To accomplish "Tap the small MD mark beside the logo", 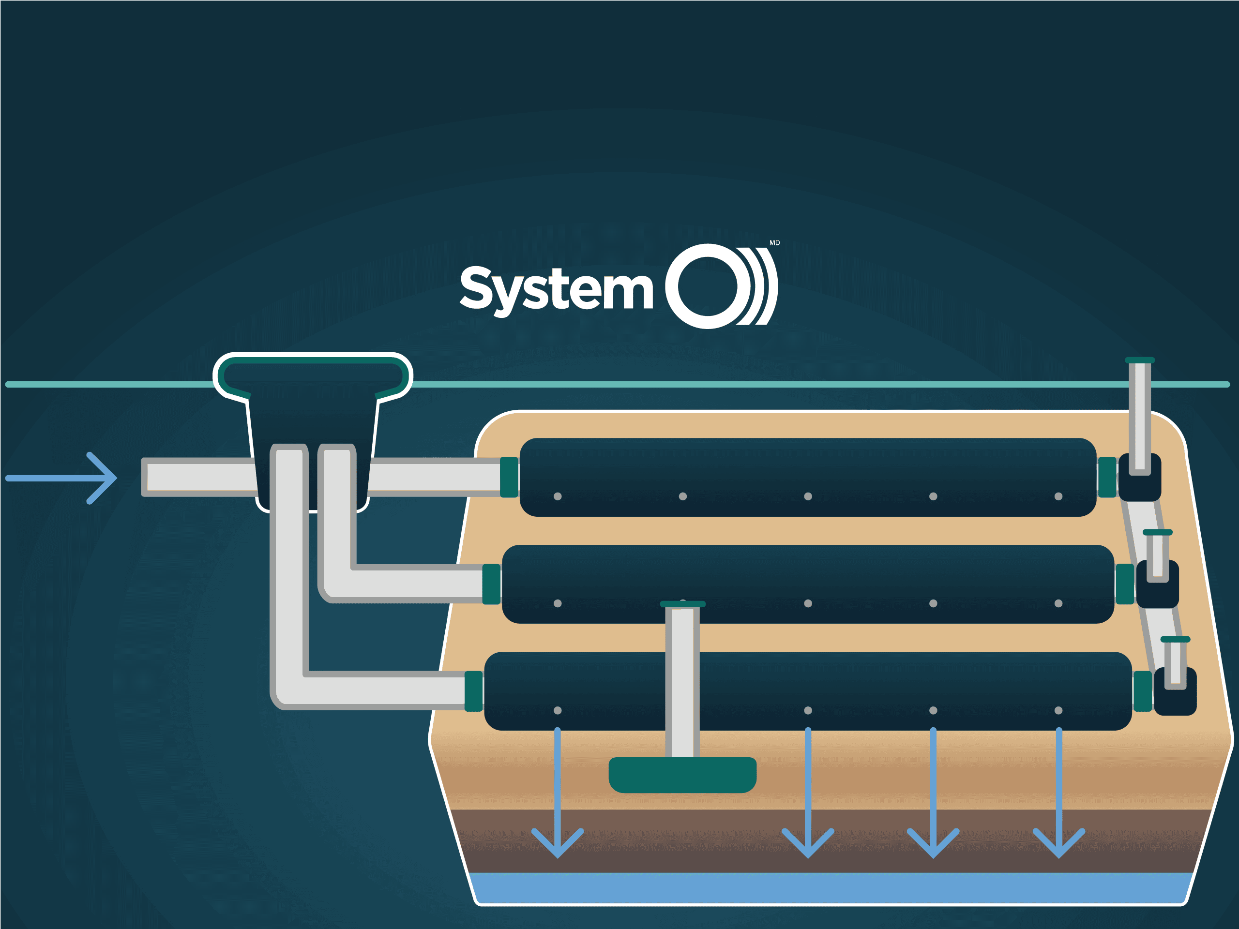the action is point(775,242).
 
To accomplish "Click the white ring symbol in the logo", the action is point(709,286).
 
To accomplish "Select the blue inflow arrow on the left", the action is point(61,478).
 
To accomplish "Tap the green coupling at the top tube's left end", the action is point(509,477).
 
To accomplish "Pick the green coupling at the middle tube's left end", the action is point(491,584).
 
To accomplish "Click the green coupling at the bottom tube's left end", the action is point(473,691).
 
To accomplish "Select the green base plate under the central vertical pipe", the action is point(682,775).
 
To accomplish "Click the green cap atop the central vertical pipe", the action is point(683,604).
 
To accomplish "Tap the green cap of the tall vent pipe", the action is point(1140,360).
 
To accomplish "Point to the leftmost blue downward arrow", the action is point(558,793).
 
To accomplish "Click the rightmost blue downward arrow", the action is point(1058,793).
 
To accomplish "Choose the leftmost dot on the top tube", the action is point(558,496).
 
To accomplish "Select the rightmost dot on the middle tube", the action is point(1058,603).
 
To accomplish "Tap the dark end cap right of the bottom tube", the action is point(1175,691).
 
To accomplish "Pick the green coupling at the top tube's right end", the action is point(1107,477).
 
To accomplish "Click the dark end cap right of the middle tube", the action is point(1157,584).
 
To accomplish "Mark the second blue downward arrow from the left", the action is point(808,793).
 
